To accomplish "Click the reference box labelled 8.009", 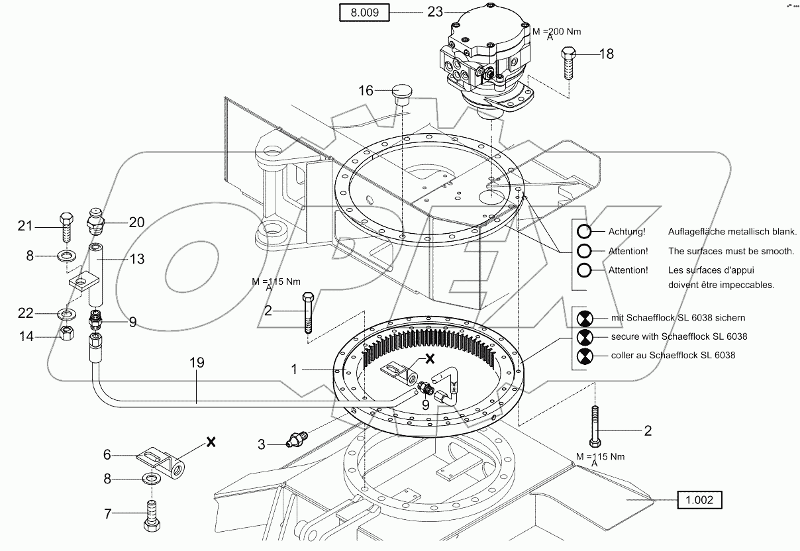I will coord(363,13).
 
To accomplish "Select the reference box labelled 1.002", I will coord(699,500).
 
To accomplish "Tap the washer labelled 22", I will coord(67,313).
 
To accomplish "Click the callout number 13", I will coord(136,258).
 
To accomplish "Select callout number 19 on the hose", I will coord(196,363).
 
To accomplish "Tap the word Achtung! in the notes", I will coord(626,232).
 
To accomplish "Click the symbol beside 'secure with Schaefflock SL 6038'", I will coord(584,336).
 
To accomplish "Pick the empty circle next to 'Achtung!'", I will coord(584,232).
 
